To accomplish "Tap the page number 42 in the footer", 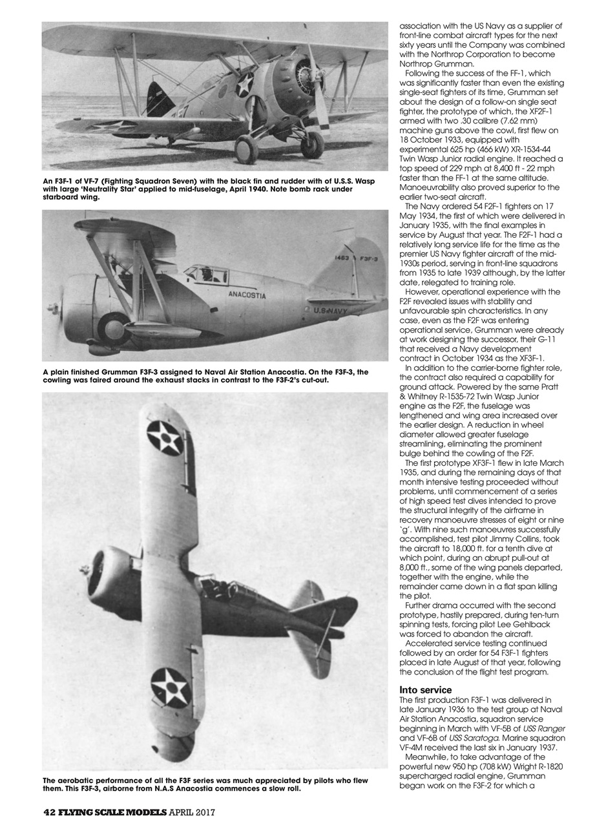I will point(50,811).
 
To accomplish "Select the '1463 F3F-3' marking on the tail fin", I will point(357,258).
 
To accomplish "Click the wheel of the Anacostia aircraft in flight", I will point(114,327).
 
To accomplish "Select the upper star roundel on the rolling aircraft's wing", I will point(165,437).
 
